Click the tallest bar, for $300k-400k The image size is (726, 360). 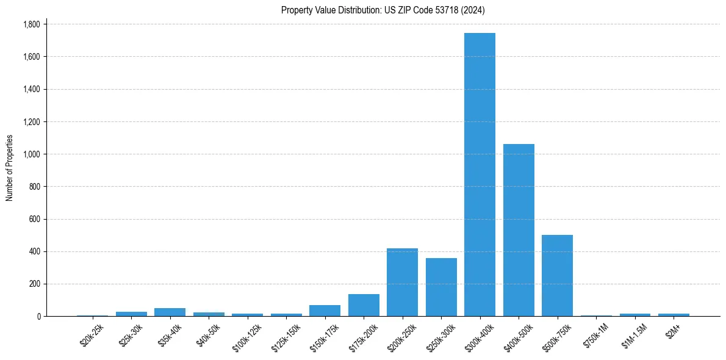coord(480,175)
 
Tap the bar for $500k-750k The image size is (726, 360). coord(557,275)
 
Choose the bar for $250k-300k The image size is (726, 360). coord(441,287)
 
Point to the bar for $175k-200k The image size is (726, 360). coord(364,305)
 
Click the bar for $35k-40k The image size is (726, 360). coord(170,312)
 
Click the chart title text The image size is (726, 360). coord(383,10)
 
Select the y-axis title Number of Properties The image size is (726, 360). coord(10,168)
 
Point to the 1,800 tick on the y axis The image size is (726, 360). coord(31,24)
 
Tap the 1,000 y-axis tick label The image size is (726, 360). coord(31,154)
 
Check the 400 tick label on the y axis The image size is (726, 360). coord(34,251)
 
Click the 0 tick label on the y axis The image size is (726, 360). coord(38,316)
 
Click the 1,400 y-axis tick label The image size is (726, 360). coord(31,89)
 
